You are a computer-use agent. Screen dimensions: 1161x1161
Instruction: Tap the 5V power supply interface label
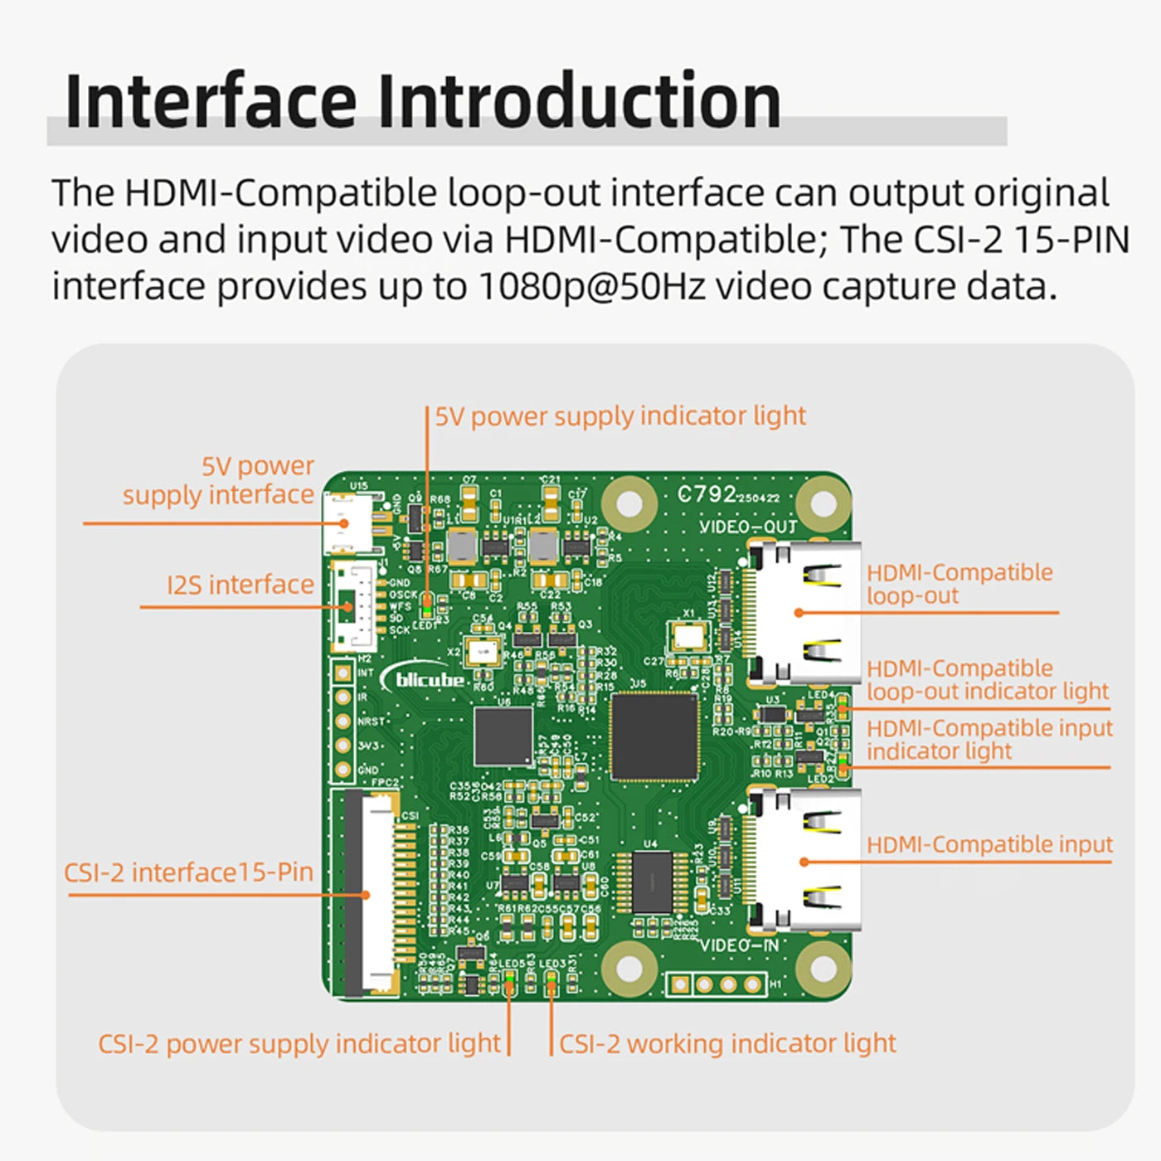[x=219, y=480]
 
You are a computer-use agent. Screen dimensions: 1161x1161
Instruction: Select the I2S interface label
[x=240, y=585]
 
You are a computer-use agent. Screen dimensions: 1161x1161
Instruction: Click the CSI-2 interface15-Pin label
[x=189, y=872]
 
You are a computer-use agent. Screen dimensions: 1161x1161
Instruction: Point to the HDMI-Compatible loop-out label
[x=959, y=584]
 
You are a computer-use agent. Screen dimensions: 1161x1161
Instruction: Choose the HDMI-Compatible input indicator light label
[x=989, y=739]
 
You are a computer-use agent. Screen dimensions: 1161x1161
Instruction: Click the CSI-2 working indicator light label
[x=727, y=1043]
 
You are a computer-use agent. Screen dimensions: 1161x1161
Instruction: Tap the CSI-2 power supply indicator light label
[x=299, y=1043]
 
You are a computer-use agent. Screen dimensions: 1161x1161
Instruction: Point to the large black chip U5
[x=654, y=736]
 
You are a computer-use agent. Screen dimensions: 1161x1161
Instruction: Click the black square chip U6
[x=503, y=736]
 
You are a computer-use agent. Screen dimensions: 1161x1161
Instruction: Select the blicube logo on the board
[x=426, y=680]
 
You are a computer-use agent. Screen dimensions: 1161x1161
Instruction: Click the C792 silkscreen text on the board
[x=707, y=494]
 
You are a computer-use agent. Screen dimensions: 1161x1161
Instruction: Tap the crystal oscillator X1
[x=687, y=638]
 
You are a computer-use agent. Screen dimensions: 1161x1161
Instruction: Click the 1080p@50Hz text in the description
[x=592, y=287]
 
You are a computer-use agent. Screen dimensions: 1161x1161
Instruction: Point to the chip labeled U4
[x=652, y=882]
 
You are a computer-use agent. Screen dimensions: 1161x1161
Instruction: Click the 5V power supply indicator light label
[x=620, y=415]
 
